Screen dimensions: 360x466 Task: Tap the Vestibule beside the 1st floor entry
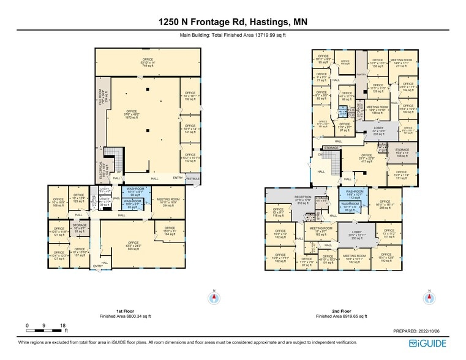tap(193, 178)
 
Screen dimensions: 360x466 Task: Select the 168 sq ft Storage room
tap(402, 153)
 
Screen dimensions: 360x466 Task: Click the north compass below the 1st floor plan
tap(214, 298)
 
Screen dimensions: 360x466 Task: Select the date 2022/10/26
tap(434, 330)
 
